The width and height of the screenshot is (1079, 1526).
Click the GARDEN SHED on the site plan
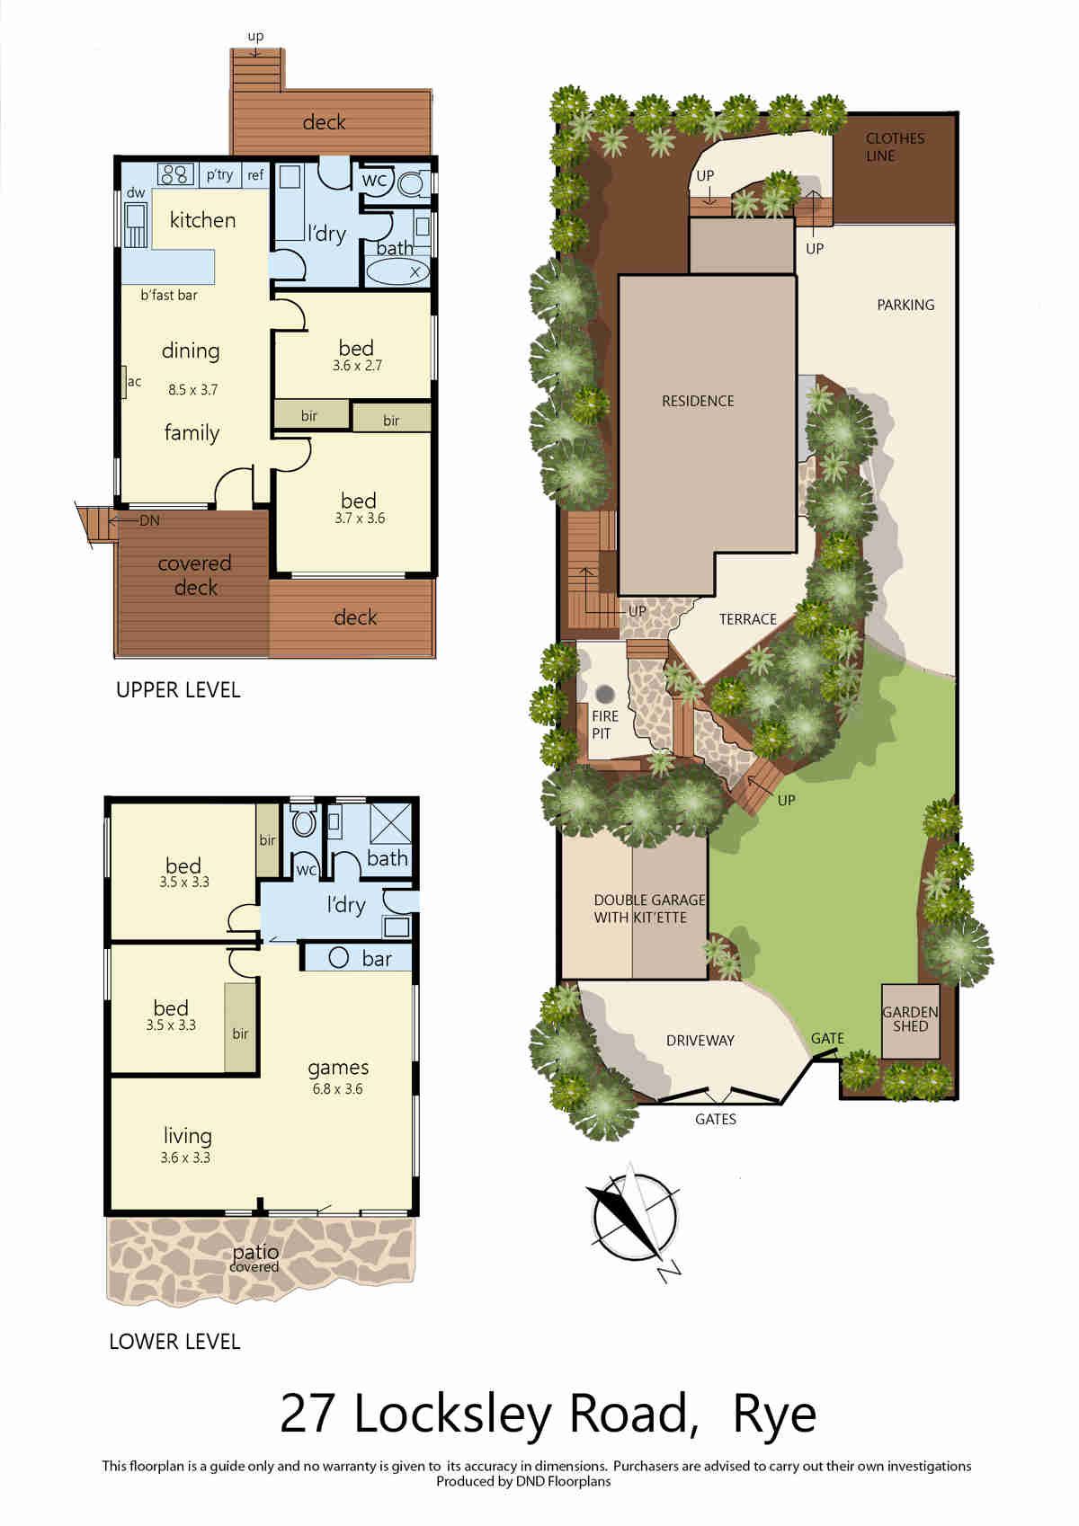pos(911,1021)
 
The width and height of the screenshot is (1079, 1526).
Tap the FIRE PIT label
pos(604,724)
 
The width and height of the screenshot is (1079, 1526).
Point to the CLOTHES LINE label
pos(895,147)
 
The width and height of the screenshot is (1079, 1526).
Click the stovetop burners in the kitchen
pos(176,174)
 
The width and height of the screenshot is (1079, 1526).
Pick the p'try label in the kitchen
pos(219,175)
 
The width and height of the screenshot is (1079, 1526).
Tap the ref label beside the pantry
pos(255,175)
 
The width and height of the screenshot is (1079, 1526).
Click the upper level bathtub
pos(397,271)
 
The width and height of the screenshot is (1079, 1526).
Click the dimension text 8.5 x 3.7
pos(193,390)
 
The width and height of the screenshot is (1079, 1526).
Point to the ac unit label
pos(134,381)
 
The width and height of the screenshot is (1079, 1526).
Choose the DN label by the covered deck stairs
pos(149,520)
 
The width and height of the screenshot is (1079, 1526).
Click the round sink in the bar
pos(339,958)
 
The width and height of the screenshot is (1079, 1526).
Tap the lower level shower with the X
pos(390,824)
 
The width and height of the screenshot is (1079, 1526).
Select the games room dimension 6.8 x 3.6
pos(337,1088)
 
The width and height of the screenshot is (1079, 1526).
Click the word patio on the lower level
pos(255,1252)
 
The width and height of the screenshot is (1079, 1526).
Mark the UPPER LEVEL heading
pos(179,690)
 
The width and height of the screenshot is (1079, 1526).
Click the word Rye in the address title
pos(774,1415)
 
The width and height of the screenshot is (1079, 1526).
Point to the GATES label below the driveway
pos(716,1119)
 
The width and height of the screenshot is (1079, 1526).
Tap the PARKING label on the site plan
pos(905,305)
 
